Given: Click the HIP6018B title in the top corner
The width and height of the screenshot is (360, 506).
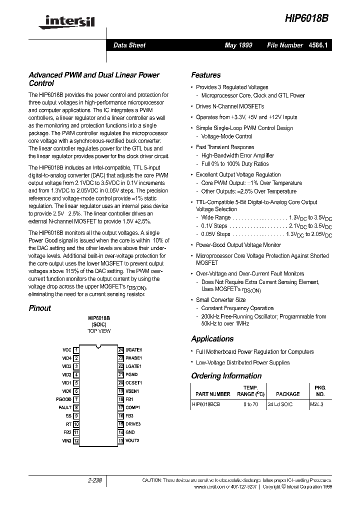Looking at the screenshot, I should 306,17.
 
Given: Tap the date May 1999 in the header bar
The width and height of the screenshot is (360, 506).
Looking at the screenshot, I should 238,45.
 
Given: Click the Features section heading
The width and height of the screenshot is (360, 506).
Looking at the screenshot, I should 205,75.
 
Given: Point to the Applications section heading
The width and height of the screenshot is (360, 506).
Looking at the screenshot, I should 212,339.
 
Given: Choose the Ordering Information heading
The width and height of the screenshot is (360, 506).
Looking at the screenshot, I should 226,376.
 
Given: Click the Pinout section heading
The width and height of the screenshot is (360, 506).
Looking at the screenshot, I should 40,308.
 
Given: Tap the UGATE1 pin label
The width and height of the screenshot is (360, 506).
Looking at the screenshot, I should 134,350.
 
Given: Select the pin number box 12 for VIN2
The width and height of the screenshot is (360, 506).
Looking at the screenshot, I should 76,440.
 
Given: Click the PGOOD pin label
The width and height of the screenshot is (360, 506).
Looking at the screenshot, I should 63,399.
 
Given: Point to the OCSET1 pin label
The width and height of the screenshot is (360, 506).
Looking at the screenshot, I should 134,383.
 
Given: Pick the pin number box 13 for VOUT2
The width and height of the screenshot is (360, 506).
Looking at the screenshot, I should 120,440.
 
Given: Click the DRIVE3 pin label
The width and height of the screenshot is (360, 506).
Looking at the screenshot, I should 133,424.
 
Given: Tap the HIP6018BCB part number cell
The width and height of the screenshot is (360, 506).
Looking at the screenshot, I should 206,404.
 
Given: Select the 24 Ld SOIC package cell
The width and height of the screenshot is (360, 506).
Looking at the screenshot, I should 280,404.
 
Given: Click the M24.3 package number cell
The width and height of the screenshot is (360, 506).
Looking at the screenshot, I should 317,404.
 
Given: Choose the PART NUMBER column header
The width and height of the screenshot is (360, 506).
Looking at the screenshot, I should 213,394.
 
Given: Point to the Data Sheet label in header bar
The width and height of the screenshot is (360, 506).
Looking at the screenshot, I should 129,45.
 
